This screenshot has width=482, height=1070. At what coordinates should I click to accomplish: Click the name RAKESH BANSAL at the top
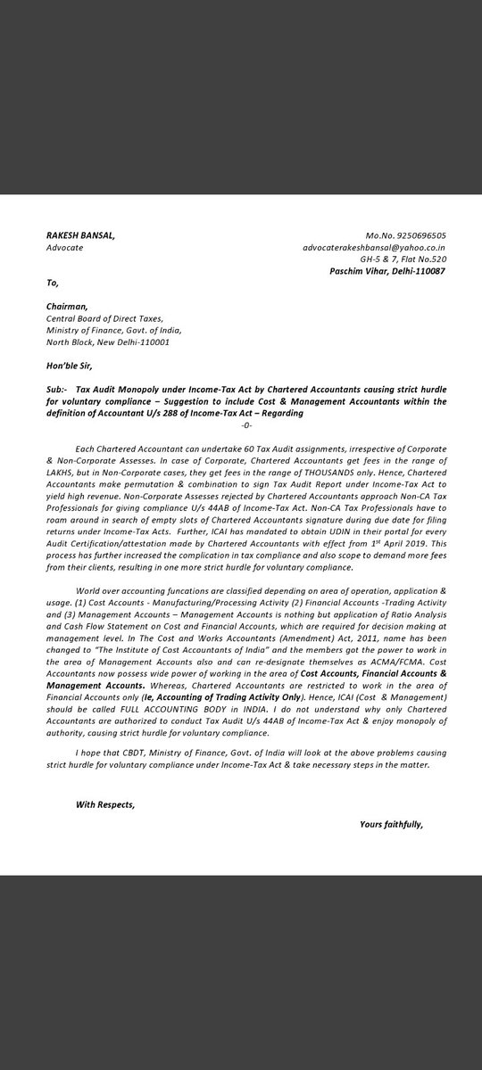tap(80, 235)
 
